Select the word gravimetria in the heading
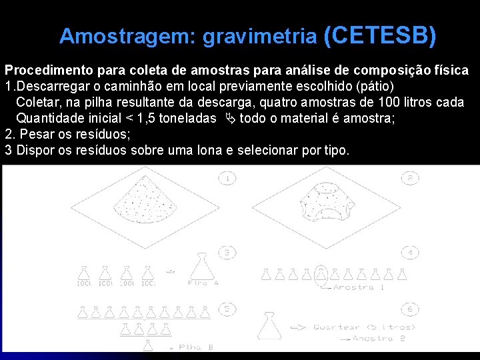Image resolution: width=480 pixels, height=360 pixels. pyautogui.click(x=260, y=37)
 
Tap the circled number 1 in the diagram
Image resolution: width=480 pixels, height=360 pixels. pyautogui.click(x=227, y=178)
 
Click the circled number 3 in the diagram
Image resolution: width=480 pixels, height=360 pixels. pyautogui.click(x=227, y=252)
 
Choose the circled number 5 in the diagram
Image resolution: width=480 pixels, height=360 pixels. pyautogui.click(x=227, y=309)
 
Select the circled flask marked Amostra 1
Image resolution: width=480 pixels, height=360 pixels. pyautogui.click(x=322, y=273)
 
